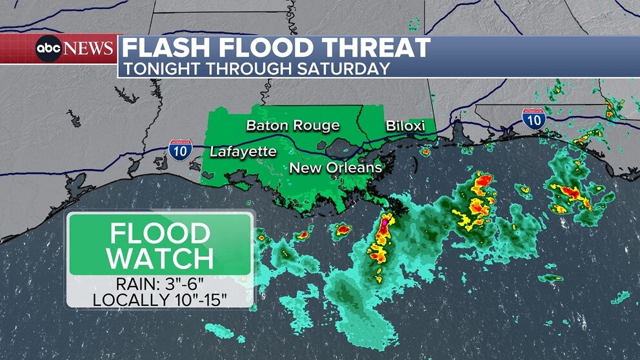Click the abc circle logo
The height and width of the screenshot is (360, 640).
click(49, 48)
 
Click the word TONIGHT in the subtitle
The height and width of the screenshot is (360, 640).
click(159, 68)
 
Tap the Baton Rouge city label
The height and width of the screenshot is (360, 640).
click(292, 125)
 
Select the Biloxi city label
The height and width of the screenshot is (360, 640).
click(405, 125)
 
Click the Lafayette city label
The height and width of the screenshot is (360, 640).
click(243, 152)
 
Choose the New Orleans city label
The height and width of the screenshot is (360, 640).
click(335, 168)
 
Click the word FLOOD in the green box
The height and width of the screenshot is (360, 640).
click(160, 233)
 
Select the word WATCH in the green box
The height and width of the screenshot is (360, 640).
click(160, 257)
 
